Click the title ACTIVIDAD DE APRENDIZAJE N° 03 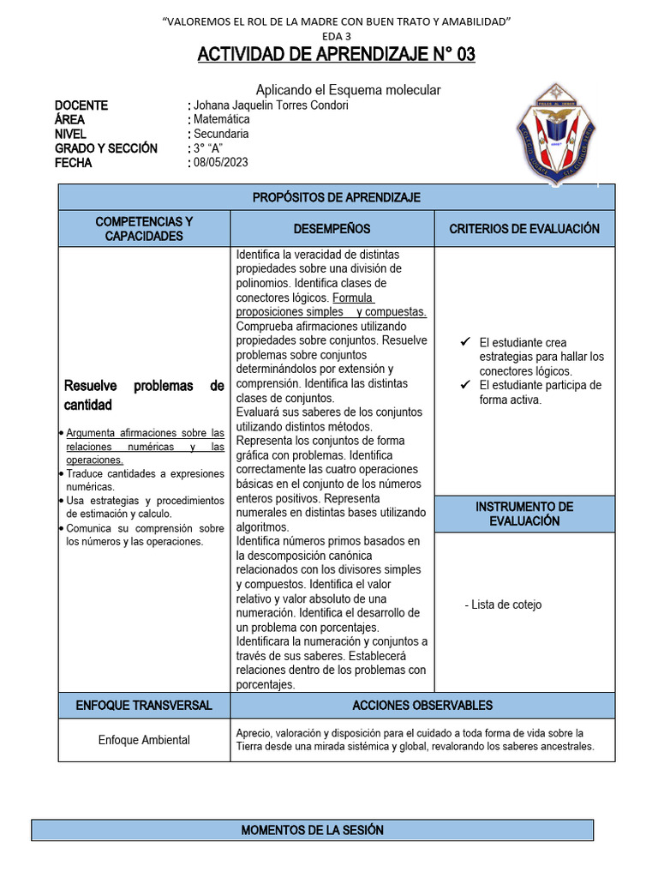coord(336,55)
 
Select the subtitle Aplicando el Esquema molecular coord(349,90)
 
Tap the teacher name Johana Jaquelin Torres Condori coord(271,105)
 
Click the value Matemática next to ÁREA coord(221,120)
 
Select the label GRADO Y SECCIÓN coord(106,148)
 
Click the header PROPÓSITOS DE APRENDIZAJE coord(336,198)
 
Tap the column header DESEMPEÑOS coord(332,229)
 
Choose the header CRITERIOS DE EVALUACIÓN coord(524,229)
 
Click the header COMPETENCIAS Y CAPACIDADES coord(144,229)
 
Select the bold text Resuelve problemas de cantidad coord(144,395)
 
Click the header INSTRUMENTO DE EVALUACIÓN coord(524,514)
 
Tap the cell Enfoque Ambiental coord(144,739)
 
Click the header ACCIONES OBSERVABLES coord(422,706)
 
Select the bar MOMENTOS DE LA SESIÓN coord(312,830)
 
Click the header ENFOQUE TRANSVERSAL coord(144,706)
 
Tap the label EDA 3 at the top coord(336,36)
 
